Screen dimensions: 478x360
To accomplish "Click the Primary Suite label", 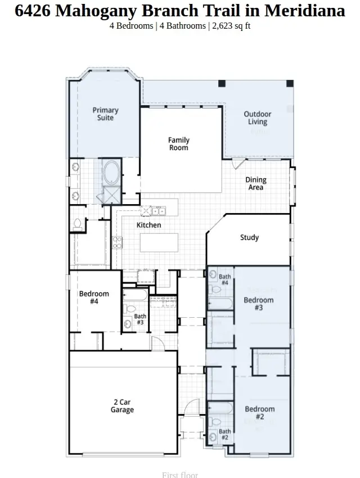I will pyautogui.click(x=106, y=114).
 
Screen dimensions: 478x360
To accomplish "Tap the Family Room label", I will pyautogui.click(x=179, y=144).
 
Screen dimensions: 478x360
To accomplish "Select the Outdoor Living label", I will pyautogui.click(x=258, y=118).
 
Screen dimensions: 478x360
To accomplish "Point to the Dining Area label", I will pyautogui.click(x=256, y=184).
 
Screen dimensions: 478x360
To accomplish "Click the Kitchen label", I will pyautogui.click(x=149, y=225).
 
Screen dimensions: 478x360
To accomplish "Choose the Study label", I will pyautogui.click(x=249, y=237).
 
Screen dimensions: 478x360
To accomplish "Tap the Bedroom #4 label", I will pyautogui.click(x=94, y=297).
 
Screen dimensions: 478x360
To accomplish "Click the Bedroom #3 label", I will pyautogui.click(x=259, y=304).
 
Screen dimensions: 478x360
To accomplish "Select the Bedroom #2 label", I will pyautogui.click(x=259, y=413).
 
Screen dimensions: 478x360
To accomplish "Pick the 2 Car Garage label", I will pyautogui.click(x=122, y=406).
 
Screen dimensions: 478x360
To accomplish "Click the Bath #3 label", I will pyautogui.click(x=139, y=319).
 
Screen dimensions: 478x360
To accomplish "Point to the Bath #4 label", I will pyautogui.click(x=224, y=279).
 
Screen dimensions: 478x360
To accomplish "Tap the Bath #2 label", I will pyautogui.click(x=224, y=434).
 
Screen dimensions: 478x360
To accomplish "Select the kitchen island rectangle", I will pyautogui.click(x=159, y=243).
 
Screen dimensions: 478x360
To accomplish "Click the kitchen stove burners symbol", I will pyautogui.click(x=118, y=242).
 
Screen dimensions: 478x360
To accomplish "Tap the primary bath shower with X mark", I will pyautogui.click(x=111, y=195).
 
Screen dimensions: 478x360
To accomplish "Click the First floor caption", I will pyautogui.click(x=180, y=475).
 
